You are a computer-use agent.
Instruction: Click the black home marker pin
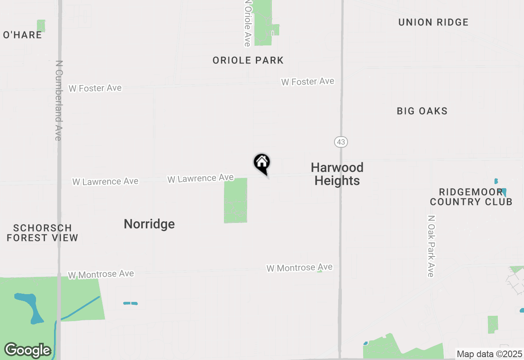click(262, 163)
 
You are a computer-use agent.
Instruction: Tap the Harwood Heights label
click(337, 174)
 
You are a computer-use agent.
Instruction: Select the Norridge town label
click(149, 224)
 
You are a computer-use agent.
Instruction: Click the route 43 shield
click(341, 142)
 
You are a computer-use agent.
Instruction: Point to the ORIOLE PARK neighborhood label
click(248, 61)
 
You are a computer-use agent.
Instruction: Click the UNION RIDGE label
click(433, 22)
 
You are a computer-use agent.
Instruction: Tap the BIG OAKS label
click(422, 111)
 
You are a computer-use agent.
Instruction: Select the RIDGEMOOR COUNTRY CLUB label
click(471, 197)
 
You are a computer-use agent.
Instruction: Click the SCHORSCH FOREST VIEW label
click(43, 233)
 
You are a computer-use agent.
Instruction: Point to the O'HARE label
click(23, 35)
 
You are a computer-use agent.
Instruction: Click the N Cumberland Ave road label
click(59, 101)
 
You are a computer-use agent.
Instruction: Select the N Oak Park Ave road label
click(430, 246)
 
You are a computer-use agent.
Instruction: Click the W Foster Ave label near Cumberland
click(95, 88)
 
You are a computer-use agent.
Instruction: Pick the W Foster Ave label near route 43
click(307, 82)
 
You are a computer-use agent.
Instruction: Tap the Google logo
click(27, 350)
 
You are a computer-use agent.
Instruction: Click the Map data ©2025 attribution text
click(489, 354)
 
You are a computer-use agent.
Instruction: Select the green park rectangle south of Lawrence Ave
click(235, 200)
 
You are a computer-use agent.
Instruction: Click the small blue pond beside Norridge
click(131, 303)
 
